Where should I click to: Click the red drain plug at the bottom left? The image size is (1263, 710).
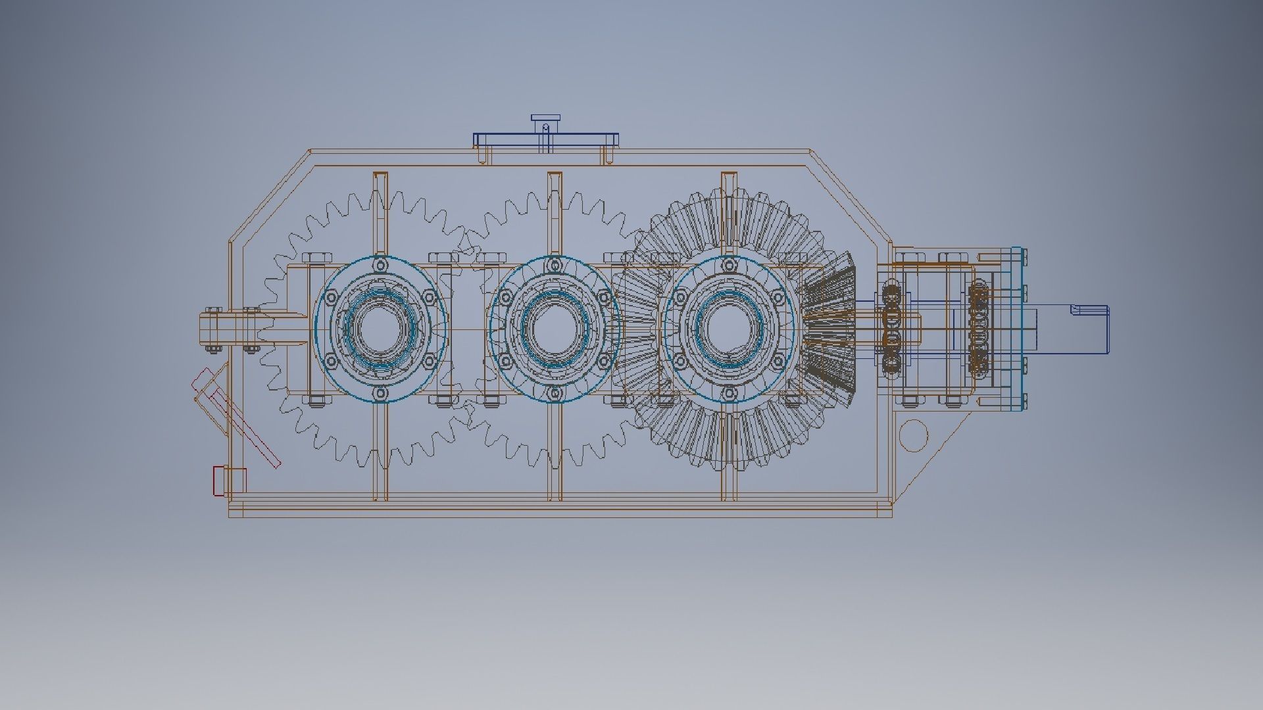[219, 481]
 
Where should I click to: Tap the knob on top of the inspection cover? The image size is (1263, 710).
[546, 120]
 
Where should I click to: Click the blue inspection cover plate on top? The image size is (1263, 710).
[546, 139]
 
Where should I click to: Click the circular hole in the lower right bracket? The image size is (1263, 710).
[913, 435]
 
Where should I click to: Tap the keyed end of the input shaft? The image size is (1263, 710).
[1089, 329]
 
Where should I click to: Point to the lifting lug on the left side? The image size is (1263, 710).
[224, 329]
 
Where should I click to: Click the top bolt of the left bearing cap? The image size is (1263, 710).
[380, 265]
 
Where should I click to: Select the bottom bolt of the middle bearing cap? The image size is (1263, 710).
[555, 393]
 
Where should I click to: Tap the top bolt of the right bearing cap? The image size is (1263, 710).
[729, 265]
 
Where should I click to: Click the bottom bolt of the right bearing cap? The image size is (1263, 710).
[729, 393]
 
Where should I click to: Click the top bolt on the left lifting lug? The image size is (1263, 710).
[212, 310]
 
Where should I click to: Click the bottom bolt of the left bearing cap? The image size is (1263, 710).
[380, 393]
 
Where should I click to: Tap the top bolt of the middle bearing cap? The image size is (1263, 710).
[555, 265]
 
